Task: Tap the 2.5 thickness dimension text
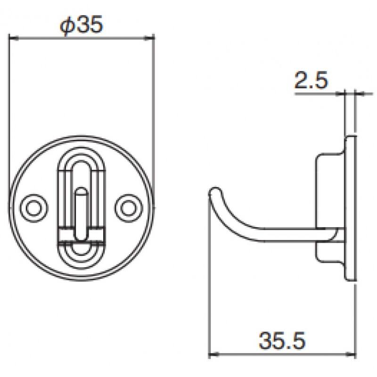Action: coord(311,80)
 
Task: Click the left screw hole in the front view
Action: coord(33,208)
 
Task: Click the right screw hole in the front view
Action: coord(129,208)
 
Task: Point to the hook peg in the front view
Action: coord(81,213)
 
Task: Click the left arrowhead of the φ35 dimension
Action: coord(14,38)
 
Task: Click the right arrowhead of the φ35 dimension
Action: coord(149,38)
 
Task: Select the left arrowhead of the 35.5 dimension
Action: coord(213,354)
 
